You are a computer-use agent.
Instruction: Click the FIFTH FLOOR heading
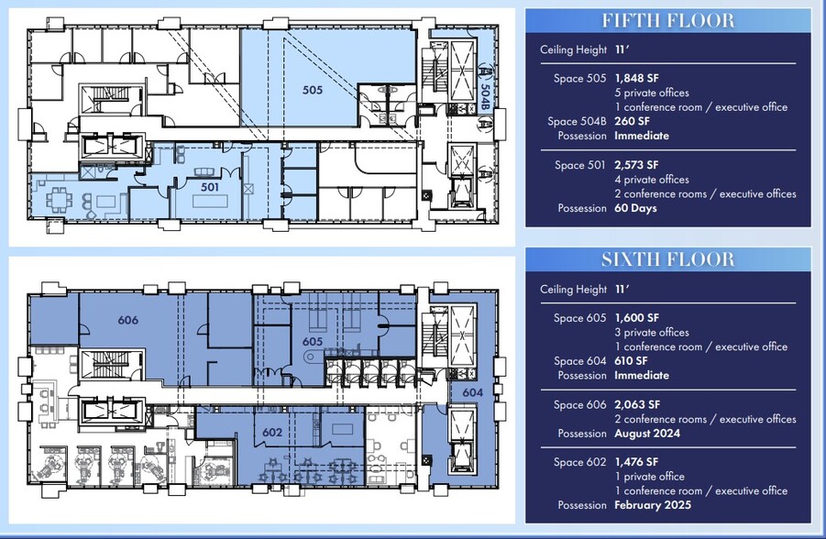point(667,20)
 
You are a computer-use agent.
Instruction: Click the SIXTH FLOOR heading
point(667,259)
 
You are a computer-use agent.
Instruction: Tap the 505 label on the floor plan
point(314,90)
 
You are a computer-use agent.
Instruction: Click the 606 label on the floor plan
point(128,320)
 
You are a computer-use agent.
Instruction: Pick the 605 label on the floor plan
point(314,341)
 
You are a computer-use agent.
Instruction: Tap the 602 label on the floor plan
point(271,433)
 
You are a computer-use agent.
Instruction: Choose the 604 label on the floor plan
point(472,391)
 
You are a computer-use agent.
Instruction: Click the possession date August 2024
point(647,434)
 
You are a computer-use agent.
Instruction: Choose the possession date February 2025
point(653,505)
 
